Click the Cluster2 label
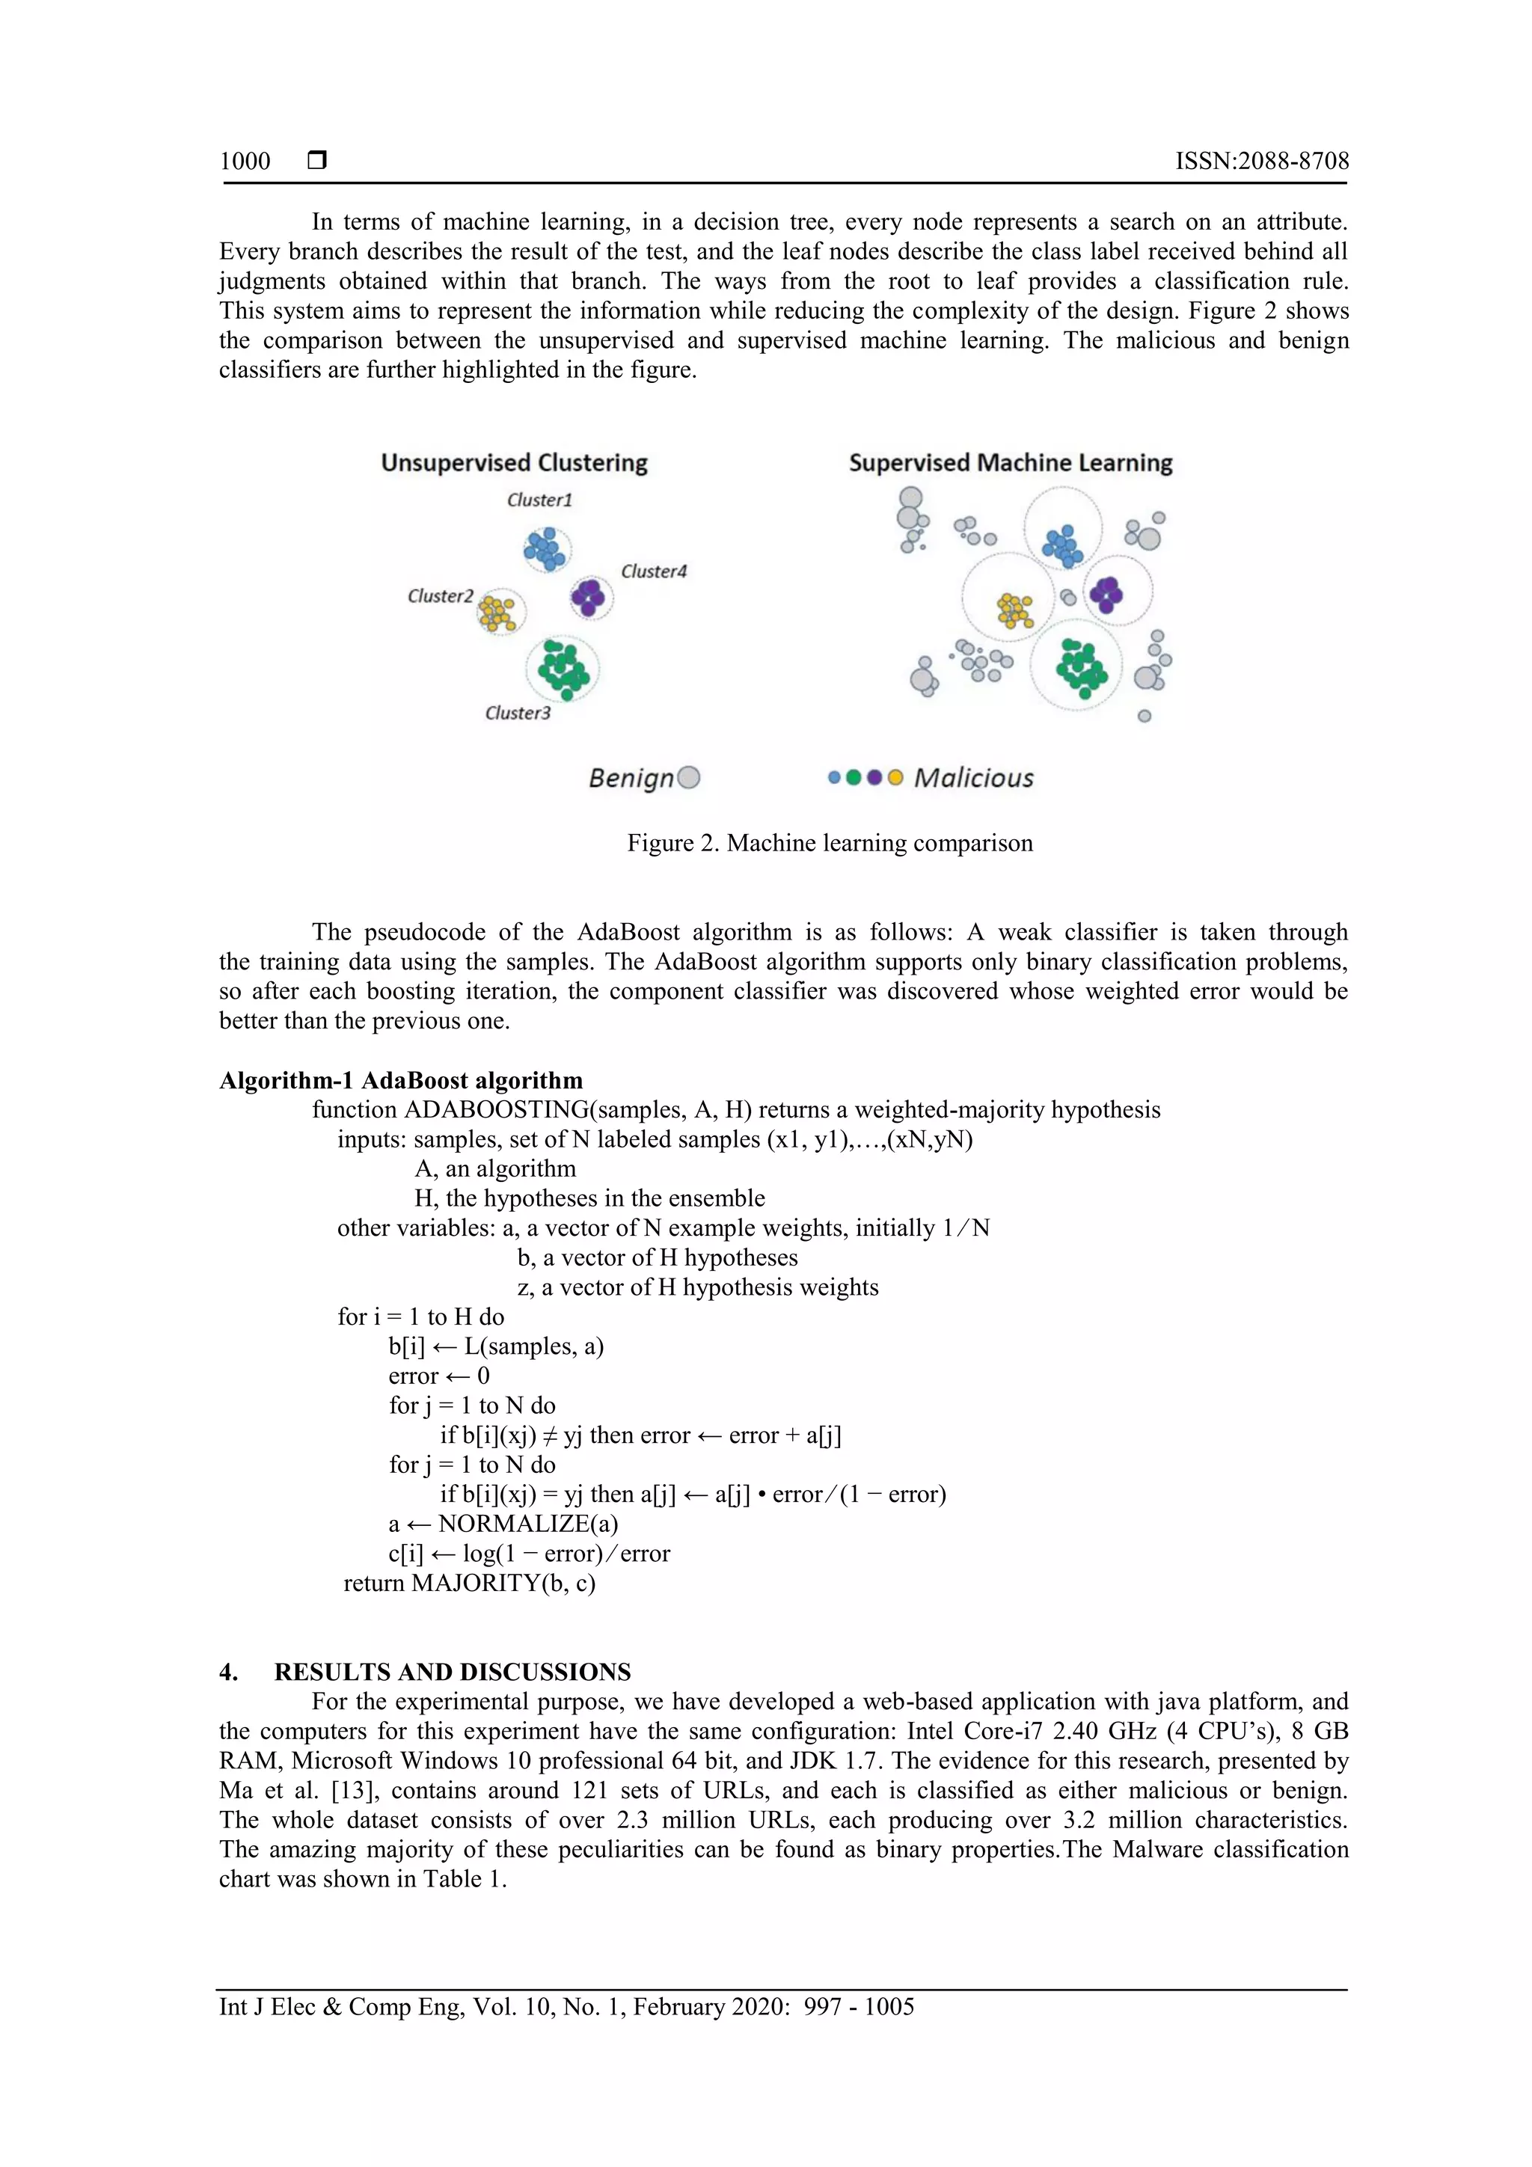tap(440, 595)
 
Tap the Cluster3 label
tap(517, 713)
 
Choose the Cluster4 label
tap(653, 571)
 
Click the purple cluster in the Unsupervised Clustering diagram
tap(589, 596)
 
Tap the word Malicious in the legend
tap(973, 778)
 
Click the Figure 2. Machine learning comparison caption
tap(830, 843)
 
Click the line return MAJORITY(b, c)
tap(469, 1583)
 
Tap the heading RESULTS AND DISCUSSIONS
tap(452, 1672)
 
